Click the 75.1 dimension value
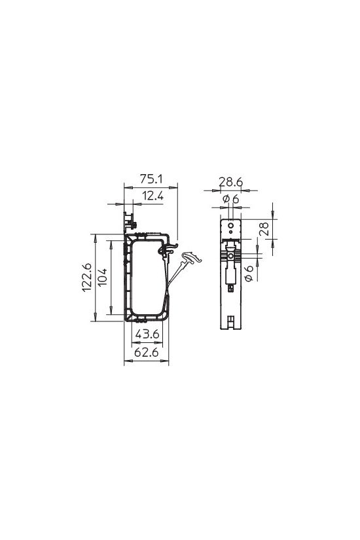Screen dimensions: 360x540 (x=151, y=179)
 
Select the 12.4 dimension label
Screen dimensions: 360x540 (x=153, y=196)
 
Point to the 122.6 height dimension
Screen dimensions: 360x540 (x=87, y=278)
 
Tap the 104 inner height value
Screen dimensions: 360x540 (x=102, y=278)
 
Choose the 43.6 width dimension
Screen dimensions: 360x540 (x=147, y=334)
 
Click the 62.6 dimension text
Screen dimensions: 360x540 (x=146, y=352)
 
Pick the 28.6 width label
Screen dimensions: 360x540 (x=231, y=181)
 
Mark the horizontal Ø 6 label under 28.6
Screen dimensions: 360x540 (x=230, y=199)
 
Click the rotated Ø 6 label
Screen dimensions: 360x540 (x=249, y=273)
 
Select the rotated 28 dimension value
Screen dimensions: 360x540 (x=264, y=228)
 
